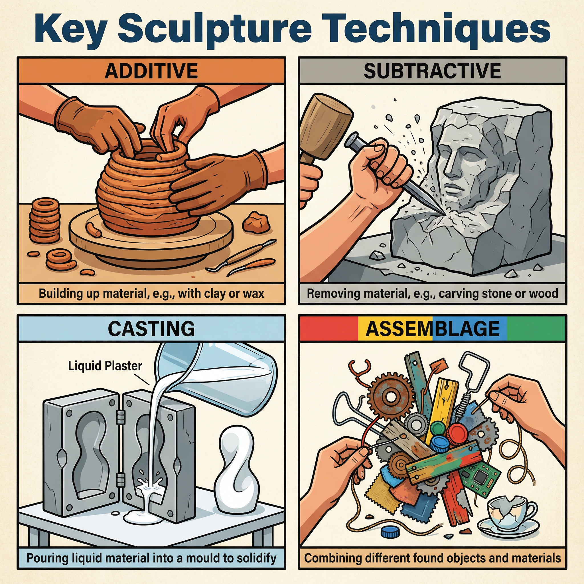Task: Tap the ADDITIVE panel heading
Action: point(151,71)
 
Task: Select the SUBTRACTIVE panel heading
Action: point(432,71)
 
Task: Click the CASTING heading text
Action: point(151,328)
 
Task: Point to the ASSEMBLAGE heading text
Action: point(432,328)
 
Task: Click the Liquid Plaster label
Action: point(105,366)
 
